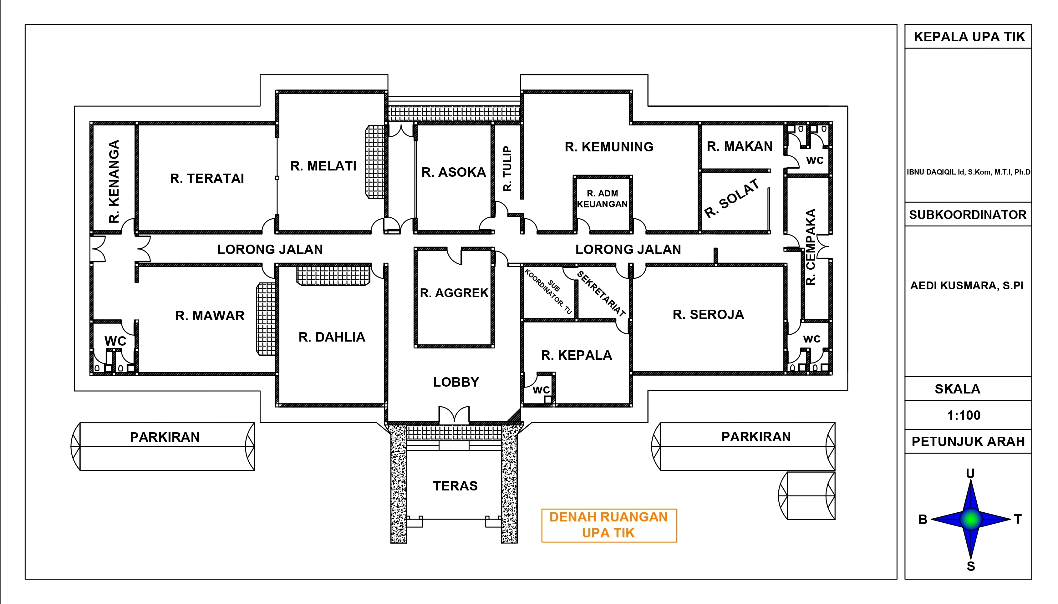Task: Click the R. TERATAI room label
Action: coord(207,178)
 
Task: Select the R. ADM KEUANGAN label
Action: coord(603,199)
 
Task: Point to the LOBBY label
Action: coord(456,382)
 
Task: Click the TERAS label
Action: coord(455,486)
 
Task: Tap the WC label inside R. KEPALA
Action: coord(541,390)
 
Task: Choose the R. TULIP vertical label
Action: coord(507,168)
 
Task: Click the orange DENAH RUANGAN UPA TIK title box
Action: coord(609,525)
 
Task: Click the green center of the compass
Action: coord(970,519)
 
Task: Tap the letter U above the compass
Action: coord(970,473)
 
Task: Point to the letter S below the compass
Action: coord(971,566)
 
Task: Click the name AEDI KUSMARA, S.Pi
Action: coord(967,285)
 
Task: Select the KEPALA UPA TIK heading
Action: coord(969,37)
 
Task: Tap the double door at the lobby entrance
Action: coord(454,415)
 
